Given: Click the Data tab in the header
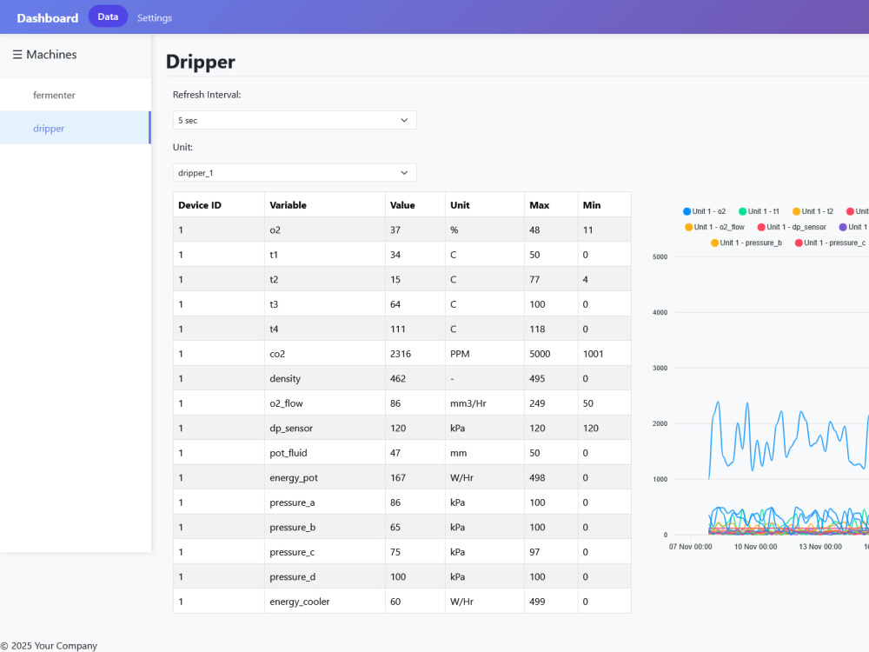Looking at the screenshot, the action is tap(108, 17).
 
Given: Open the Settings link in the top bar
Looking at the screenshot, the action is tap(155, 17).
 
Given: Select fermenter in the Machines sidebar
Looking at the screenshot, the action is tap(54, 95).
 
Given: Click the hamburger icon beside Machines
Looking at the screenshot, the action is tap(17, 54).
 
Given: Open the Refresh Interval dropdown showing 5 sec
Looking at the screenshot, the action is tap(295, 120).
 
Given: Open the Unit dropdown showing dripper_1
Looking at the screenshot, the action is tap(295, 173).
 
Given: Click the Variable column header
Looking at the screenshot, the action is tap(289, 205).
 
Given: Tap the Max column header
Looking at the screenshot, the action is tap(540, 205).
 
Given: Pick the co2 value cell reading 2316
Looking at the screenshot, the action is tap(401, 354).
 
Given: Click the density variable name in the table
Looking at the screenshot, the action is tap(285, 379).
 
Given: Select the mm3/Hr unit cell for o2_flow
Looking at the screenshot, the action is tap(468, 403).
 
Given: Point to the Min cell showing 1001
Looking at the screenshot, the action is tap(593, 354).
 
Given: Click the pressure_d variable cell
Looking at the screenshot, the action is tap(293, 576).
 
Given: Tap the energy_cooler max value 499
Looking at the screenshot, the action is tap(537, 602).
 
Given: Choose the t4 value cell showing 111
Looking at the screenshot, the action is tap(398, 329).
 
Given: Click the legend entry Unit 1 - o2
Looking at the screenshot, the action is tap(705, 211).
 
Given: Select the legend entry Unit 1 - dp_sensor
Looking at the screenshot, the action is tap(792, 227).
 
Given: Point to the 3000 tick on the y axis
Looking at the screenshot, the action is tap(660, 368).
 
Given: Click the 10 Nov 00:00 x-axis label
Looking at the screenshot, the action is tap(755, 547).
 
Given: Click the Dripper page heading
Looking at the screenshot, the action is tap(201, 62).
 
